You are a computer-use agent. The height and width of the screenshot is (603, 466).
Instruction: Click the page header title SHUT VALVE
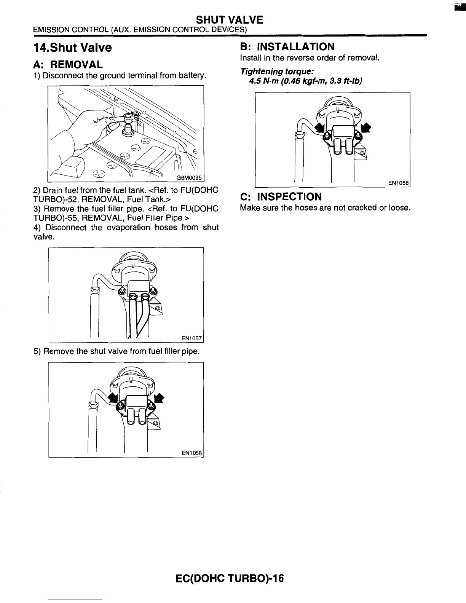coord(229,19)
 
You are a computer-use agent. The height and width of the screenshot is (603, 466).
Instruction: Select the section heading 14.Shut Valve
coord(73,48)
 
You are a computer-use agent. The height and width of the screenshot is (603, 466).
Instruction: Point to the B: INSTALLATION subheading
coord(287,47)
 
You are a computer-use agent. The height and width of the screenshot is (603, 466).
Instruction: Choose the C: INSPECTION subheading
coord(281,197)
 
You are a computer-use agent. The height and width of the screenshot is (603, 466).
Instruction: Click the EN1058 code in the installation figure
coord(398,183)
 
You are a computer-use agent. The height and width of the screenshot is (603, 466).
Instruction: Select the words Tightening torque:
coord(277,72)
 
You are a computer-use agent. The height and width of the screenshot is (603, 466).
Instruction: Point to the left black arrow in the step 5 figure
coord(112,397)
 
